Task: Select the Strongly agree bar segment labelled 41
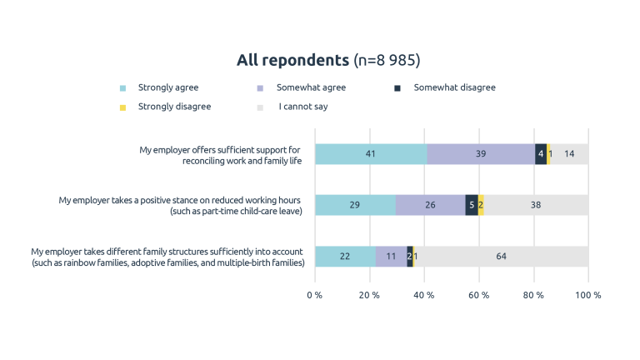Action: tap(371, 154)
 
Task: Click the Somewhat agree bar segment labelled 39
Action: tap(480, 154)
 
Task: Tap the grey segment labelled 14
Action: tap(569, 154)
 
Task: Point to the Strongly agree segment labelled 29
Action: tap(355, 205)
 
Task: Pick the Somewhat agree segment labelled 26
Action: tap(430, 205)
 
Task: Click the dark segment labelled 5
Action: tap(472, 205)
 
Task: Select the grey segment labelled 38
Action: tap(536, 205)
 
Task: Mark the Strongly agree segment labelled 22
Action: tap(345, 256)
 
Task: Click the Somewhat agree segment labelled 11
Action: tap(391, 256)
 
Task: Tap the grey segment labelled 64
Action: tap(501, 256)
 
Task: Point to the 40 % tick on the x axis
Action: tap(424, 295)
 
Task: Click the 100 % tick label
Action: tap(587, 295)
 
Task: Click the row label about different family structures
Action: tap(167, 257)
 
